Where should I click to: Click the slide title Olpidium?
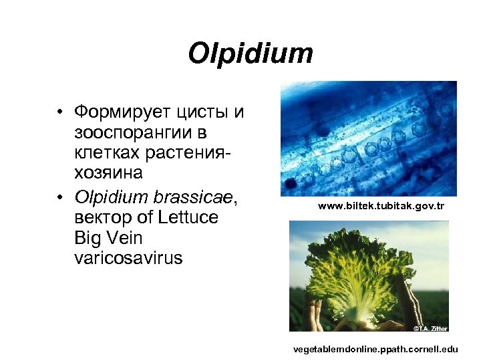[x=251, y=53]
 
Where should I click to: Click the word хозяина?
[x=109, y=173]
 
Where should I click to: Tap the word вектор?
[x=105, y=217]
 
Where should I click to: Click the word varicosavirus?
[x=128, y=258]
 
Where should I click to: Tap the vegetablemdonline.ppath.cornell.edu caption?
[x=375, y=349]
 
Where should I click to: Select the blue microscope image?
[x=368, y=138]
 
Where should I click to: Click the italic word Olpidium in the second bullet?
[x=111, y=197]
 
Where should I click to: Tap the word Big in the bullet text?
[x=88, y=238]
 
